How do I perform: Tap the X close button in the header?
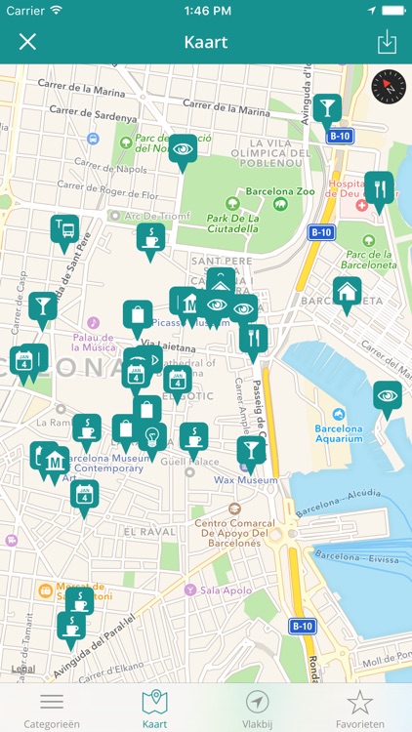27,42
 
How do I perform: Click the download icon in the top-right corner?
386,42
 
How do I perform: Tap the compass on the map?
388,86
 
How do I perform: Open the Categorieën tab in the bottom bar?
52,708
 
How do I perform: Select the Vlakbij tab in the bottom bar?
258,708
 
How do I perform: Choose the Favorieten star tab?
360,708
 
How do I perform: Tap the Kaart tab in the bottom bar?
154,708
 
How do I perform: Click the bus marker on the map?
64,230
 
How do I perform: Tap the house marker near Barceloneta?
346,292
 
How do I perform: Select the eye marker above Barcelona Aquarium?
387,396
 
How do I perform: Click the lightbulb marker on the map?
152,437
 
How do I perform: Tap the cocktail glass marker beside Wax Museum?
250,451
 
